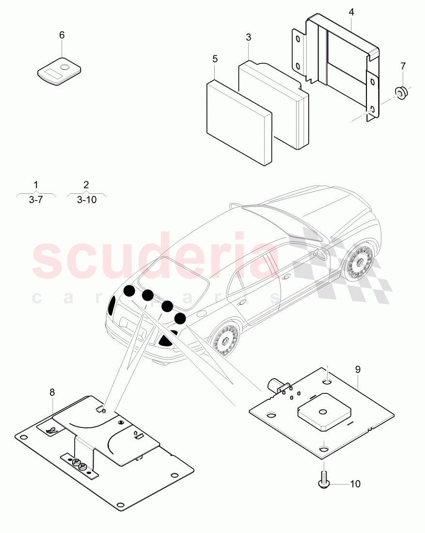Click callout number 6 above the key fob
coord(62,35)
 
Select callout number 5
coord(215,59)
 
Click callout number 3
coord(249,37)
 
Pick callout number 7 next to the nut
coord(402,65)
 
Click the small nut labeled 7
coord(401,92)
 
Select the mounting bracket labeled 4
coord(339,63)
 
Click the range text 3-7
coord(36,199)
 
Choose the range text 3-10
coord(86,199)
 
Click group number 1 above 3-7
coord(36,185)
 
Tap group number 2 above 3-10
coord(86,185)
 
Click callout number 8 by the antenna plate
coord(52,392)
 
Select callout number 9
coord(358,369)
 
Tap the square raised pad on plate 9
coord(321,412)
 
